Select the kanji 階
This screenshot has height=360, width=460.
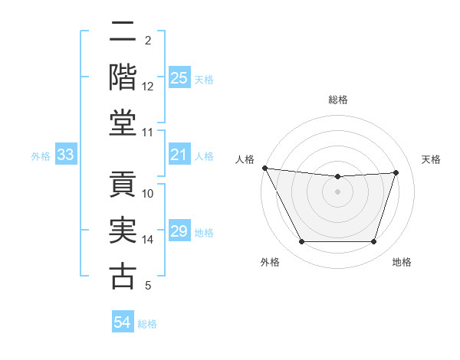click(123, 77)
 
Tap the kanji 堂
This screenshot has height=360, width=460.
click(123, 123)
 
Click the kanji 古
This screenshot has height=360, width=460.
click(123, 276)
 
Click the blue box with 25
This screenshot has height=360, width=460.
click(179, 78)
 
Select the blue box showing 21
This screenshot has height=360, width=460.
click(179, 155)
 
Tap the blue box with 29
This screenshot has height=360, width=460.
click(179, 231)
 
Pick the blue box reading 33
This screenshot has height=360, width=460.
click(66, 155)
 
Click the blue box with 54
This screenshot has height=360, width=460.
click(123, 322)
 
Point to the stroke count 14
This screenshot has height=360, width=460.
click(148, 240)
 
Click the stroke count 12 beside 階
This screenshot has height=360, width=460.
click(148, 87)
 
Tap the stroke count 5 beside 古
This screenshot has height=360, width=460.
click(148, 286)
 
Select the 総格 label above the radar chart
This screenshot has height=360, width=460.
click(337, 100)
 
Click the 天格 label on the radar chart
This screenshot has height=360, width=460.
click(431, 159)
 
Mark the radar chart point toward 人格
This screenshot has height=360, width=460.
click(264, 168)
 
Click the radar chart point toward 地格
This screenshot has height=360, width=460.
click(373, 242)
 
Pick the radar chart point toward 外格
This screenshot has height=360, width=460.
click(301, 242)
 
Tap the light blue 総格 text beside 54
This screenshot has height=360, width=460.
click(147, 324)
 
